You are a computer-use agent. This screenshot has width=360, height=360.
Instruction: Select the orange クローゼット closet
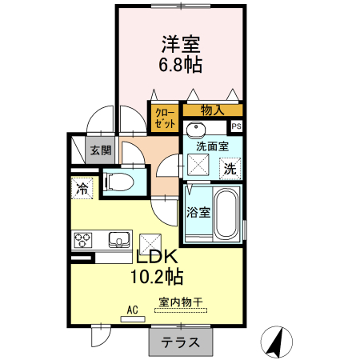[164, 118]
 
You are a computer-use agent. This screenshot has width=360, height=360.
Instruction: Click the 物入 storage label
[212, 110]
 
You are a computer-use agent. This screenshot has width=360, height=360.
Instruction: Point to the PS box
[236, 126]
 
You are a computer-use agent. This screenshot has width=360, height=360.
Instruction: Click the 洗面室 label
[212, 146]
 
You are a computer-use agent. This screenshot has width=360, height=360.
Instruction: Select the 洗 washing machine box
[230, 169]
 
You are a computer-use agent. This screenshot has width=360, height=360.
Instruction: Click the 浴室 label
[198, 212]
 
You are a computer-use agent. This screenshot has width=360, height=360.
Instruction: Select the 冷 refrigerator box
[82, 189]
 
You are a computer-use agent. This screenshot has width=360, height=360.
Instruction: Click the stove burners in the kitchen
[85, 238]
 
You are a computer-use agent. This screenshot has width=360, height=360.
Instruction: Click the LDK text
[157, 258]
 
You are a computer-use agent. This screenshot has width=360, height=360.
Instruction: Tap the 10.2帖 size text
[157, 278]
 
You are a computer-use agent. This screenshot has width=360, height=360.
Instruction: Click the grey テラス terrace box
[181, 342]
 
